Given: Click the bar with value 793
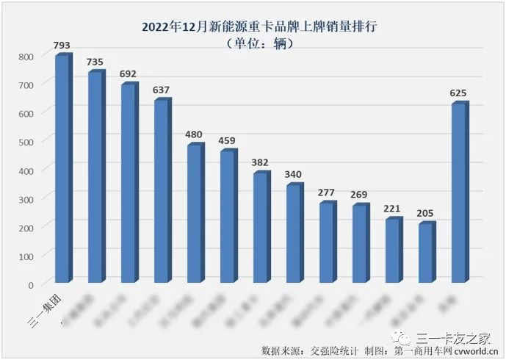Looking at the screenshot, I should (62, 169).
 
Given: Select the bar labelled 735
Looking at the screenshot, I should (95, 177).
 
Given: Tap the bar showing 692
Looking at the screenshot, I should (129, 184).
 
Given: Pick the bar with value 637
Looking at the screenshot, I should (162, 191).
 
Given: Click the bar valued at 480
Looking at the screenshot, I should (195, 214).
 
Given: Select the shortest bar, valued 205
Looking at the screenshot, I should (426, 253).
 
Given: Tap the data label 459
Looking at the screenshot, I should (228, 140).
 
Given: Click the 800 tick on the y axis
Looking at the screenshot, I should (26, 57).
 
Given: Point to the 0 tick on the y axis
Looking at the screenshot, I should (31, 284).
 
